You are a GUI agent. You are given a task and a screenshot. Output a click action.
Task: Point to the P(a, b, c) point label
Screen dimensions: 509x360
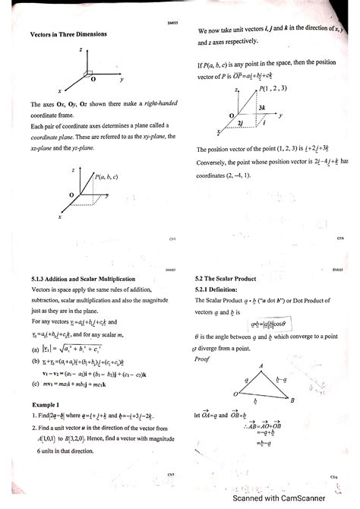pos(106,177)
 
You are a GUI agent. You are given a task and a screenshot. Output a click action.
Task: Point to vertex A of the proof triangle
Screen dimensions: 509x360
pos(262,367)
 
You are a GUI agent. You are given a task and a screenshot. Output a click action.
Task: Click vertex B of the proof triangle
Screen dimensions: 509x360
pos(292,400)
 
